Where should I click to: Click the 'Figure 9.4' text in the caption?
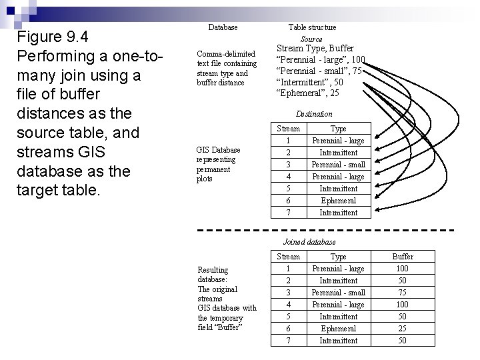53,35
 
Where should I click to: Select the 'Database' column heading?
223,27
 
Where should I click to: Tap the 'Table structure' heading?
312,27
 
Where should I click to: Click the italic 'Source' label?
311,39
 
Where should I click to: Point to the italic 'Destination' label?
314,114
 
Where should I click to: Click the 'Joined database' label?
309,241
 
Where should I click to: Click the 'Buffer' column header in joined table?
403,257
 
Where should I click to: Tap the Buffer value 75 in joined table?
403,293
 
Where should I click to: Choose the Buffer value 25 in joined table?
403,329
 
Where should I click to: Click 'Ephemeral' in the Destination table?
339,201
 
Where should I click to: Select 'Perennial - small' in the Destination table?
339,165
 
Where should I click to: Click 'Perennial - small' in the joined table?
339,293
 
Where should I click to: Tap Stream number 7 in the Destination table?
288,213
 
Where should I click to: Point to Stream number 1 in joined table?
288,269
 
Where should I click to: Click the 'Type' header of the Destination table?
339,129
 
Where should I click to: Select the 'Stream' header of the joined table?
288,257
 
